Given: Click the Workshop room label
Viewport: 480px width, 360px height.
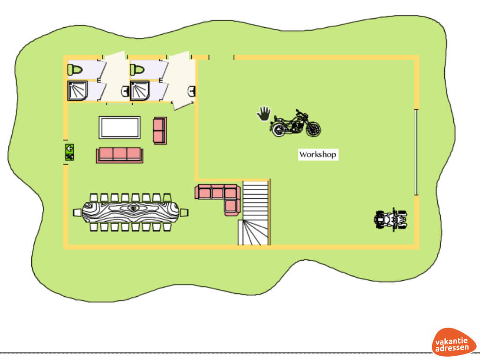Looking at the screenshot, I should click(x=318, y=154).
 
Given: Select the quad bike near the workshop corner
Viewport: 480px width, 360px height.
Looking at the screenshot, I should click(x=390, y=219).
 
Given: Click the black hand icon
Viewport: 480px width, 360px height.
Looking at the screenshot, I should click(x=264, y=113).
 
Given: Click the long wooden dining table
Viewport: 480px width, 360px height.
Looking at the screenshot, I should click(x=131, y=212).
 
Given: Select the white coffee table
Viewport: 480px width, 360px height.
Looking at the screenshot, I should click(x=120, y=127).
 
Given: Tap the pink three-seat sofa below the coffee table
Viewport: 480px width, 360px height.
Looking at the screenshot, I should click(x=120, y=155).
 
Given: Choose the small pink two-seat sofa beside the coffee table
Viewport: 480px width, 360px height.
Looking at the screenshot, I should click(x=160, y=130).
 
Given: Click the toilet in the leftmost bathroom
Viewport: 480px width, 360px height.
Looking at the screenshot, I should click(x=75, y=70).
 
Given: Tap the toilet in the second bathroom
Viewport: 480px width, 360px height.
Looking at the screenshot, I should click(x=137, y=70).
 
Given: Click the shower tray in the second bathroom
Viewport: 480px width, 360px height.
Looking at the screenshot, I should click(x=139, y=90).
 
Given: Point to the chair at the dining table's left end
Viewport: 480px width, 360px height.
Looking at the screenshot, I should click(x=77, y=213).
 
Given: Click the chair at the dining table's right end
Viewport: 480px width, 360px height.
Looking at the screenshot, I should click(x=184, y=212).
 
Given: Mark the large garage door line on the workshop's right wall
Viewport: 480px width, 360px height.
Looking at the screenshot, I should click(x=416, y=152).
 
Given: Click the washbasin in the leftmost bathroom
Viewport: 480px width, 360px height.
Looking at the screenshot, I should click(x=125, y=91).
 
